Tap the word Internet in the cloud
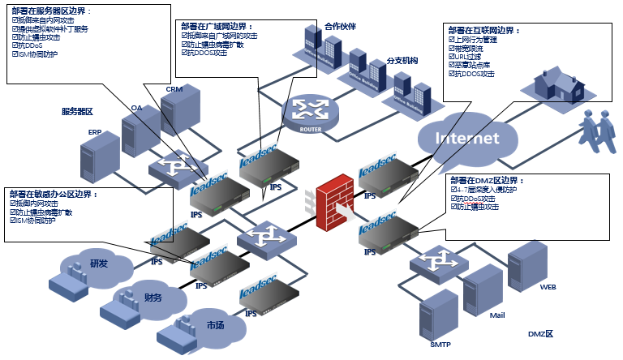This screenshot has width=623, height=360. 468,138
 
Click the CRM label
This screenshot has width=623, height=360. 174,89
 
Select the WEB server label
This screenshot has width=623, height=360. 548,287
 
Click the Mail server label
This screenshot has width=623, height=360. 497,315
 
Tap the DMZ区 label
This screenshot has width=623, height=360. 540,334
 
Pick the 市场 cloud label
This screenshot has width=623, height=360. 215,325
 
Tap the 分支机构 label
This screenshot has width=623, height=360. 402,61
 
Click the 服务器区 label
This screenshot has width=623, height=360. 78,111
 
